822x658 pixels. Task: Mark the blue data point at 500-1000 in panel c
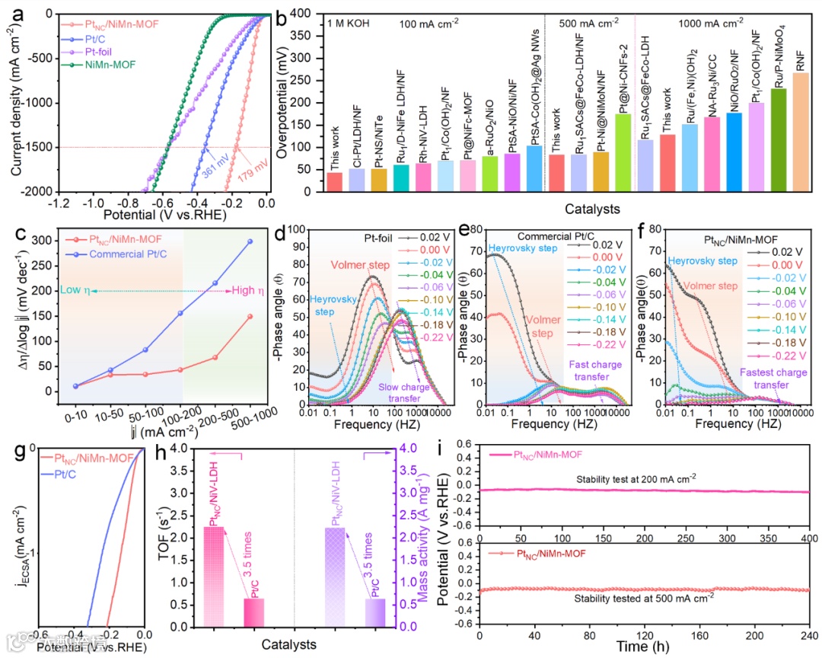click(x=250, y=241)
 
